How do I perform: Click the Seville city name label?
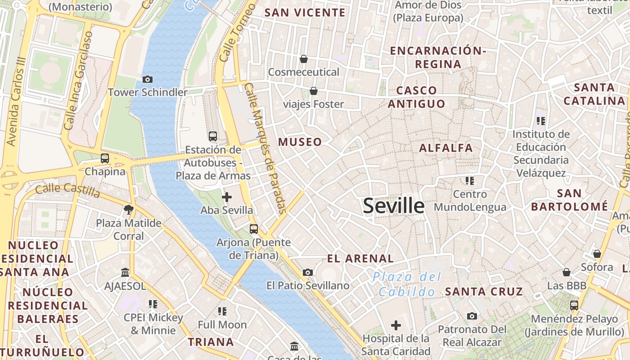394,206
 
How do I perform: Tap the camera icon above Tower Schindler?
147,80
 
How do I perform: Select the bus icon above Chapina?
105,158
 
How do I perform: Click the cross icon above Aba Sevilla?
227,197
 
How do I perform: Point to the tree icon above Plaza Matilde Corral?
128,209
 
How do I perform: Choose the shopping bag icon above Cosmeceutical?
304,59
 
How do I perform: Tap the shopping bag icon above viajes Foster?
314,91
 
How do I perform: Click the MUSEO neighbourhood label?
300,142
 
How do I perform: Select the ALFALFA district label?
446,148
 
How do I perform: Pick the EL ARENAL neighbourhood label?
360,259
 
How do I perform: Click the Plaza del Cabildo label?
408,284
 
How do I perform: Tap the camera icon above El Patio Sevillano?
308,272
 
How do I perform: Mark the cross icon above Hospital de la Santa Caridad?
396,325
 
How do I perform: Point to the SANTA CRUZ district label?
484,292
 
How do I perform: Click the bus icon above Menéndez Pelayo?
574,305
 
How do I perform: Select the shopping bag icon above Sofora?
597,254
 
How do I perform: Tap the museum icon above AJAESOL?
125,273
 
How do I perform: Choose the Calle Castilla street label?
67,191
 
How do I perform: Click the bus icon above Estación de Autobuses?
213,136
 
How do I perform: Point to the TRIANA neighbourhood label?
211,342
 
